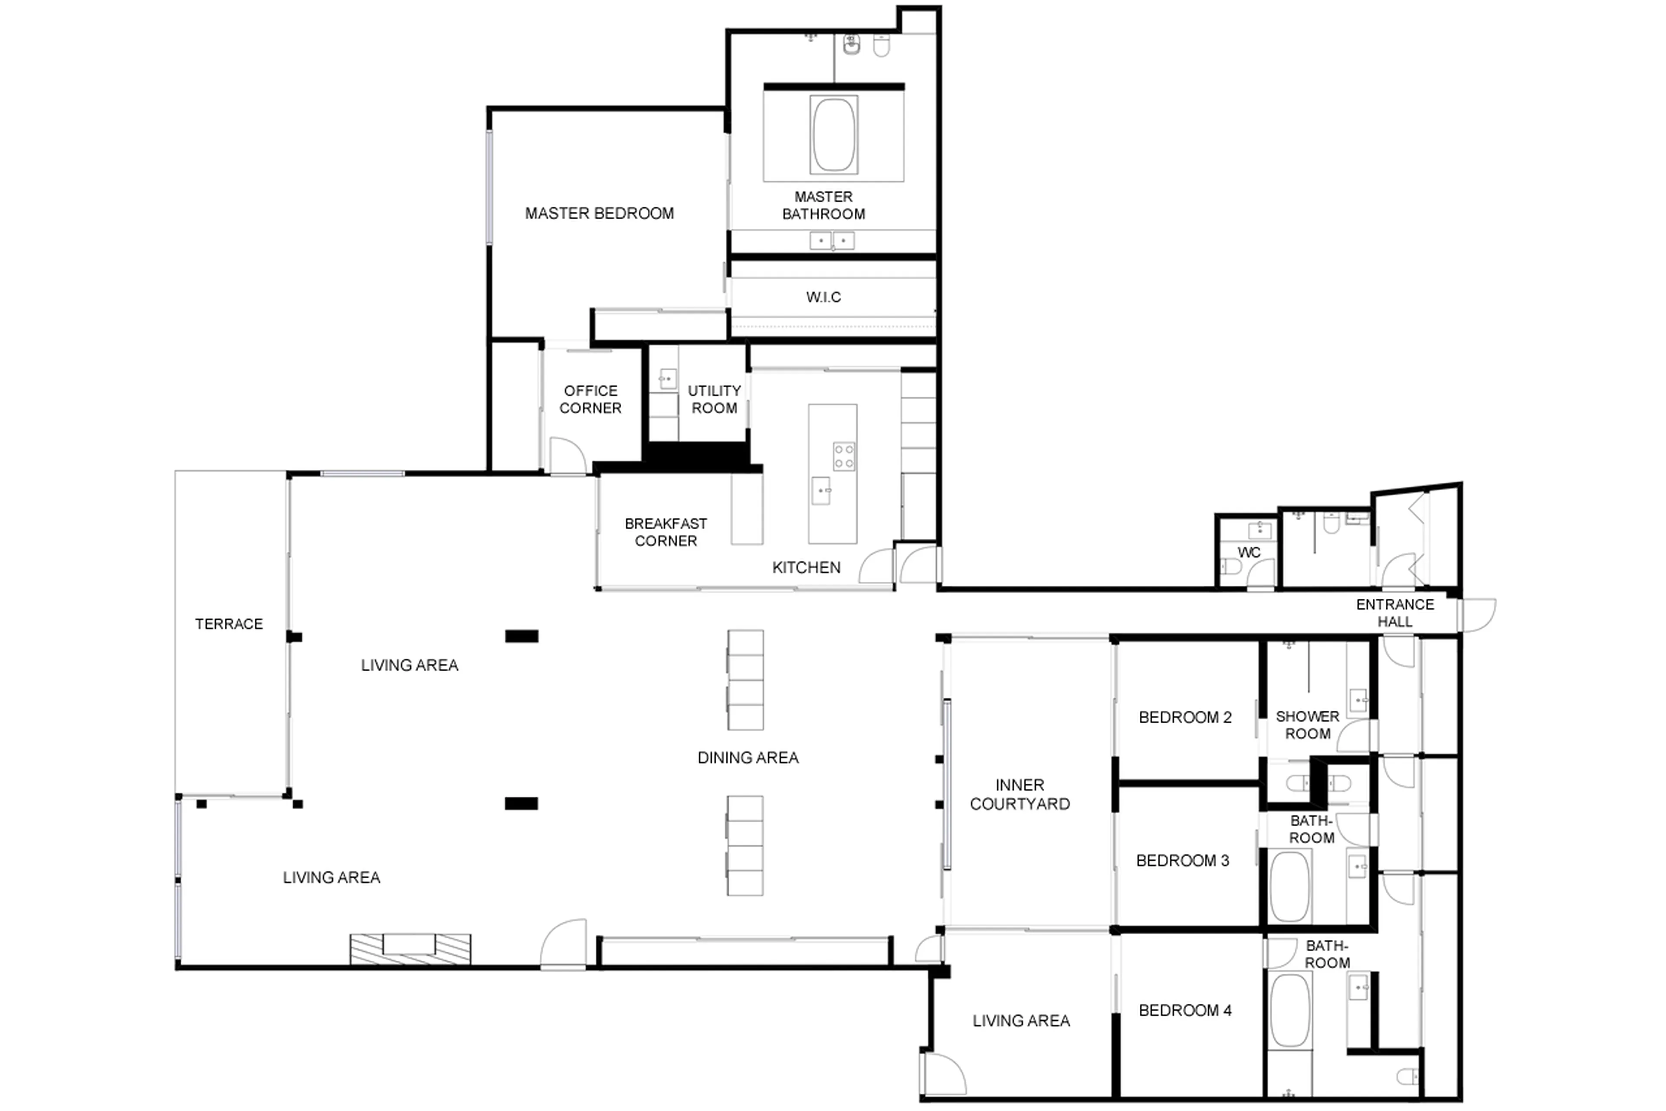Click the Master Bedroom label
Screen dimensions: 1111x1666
point(599,213)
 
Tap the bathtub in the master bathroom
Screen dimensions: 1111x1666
point(833,135)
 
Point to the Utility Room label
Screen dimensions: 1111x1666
point(714,399)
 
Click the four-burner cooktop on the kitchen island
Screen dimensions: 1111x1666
point(843,456)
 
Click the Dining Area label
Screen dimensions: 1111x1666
point(748,758)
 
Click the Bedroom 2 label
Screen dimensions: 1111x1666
point(1184,717)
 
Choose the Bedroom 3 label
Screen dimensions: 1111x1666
point(1182,860)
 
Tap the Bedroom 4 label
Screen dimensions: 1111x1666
point(1184,1010)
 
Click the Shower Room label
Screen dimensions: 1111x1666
point(1307,725)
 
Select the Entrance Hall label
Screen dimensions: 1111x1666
point(1394,613)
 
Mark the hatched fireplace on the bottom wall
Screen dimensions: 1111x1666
point(410,949)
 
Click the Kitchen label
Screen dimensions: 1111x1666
point(806,567)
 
